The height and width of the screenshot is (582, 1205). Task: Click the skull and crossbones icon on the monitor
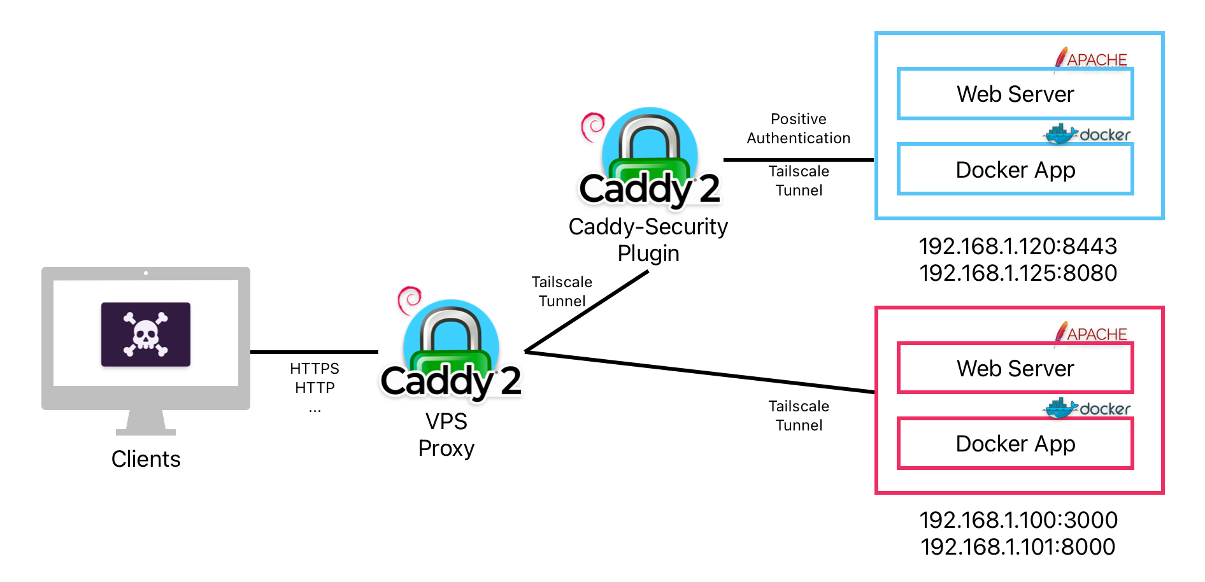[146, 334]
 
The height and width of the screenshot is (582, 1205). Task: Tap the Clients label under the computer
[146, 459]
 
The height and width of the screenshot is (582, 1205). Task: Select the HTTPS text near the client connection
[315, 369]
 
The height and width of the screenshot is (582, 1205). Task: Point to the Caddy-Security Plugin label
[648, 240]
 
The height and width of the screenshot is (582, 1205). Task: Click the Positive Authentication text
[799, 129]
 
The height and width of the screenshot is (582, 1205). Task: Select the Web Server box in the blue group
[1015, 94]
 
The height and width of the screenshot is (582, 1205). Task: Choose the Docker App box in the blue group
[1015, 169]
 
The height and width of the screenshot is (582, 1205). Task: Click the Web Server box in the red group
[1015, 368]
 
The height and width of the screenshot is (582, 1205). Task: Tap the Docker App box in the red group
[1015, 443]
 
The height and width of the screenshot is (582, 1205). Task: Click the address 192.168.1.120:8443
[1018, 246]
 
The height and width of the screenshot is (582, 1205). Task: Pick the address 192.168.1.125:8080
[1018, 273]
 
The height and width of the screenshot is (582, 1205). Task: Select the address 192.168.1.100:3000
[1018, 520]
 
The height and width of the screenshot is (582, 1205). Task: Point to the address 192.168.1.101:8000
[1018, 547]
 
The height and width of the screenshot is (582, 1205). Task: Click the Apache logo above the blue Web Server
[1090, 59]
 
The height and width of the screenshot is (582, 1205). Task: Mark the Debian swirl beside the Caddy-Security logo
[593, 127]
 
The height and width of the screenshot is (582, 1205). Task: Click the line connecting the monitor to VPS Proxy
[314, 351]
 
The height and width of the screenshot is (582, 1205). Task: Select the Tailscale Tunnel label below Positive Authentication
[799, 181]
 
